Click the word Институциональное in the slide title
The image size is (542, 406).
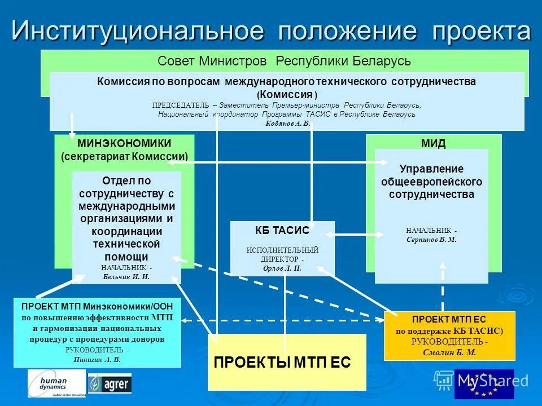(137, 31)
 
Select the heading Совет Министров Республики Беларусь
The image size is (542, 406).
(284, 61)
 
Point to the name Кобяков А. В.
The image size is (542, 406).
(287, 123)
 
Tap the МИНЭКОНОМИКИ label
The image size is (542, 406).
(124, 144)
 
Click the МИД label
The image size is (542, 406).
(433, 143)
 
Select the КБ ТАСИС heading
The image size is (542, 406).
(282, 230)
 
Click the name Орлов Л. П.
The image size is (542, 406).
(282, 268)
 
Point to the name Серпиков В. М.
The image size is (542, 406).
(431, 239)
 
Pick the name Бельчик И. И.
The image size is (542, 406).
(126, 276)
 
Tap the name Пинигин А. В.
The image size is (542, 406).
(97, 359)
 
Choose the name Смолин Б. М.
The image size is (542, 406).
(449, 352)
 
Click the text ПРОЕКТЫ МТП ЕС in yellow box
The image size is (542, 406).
(282, 363)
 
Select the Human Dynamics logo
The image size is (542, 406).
(56, 384)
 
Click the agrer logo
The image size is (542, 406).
(110, 385)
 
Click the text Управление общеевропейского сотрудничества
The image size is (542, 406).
(431, 182)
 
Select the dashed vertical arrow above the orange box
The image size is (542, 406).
(443, 296)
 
